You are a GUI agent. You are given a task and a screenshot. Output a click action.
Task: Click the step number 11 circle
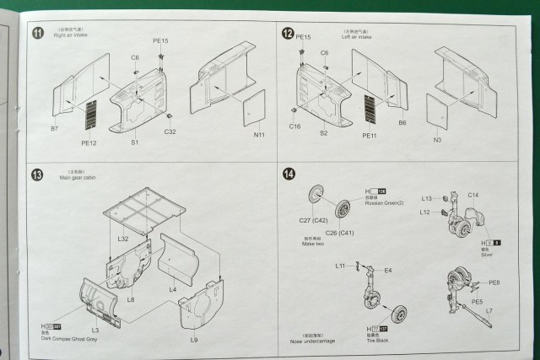37,34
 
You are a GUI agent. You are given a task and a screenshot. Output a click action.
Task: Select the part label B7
55,129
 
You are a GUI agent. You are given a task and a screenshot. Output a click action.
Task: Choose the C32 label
170,131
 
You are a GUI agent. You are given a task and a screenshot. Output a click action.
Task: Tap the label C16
294,127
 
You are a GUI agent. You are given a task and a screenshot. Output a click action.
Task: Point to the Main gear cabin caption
77,179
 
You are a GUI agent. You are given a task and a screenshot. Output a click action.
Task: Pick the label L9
193,339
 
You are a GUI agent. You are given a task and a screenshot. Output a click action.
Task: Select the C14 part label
472,196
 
